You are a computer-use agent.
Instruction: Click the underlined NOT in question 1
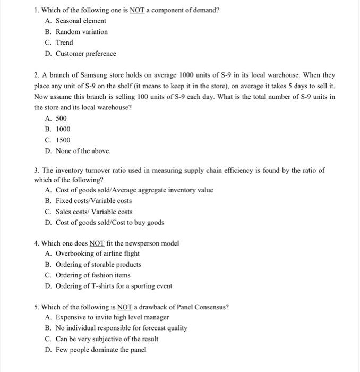tap(138, 10)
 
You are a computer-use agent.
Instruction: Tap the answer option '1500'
tap(63, 140)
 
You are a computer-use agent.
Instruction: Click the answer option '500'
tap(61, 119)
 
